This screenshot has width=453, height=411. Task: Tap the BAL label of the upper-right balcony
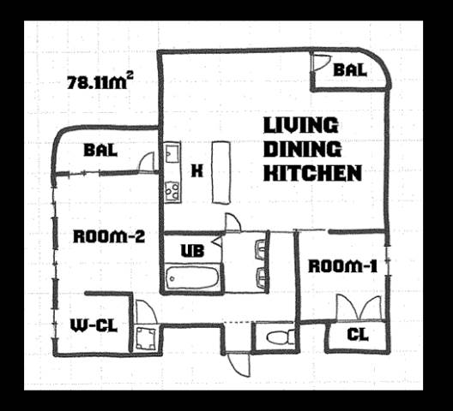(350, 70)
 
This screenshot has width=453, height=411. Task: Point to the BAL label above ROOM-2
(100, 150)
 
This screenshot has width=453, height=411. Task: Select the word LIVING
(301, 125)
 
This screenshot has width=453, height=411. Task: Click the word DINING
(303, 149)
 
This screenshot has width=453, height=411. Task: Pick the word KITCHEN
(313, 173)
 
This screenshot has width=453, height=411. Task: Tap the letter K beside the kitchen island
(197, 170)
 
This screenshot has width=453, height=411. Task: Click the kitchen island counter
(221, 172)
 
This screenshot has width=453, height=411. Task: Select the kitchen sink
(172, 153)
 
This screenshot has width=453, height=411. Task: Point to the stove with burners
(172, 192)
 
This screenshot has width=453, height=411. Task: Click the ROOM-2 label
(109, 236)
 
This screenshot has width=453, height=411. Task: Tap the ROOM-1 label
(343, 266)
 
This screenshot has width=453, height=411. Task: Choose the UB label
(192, 251)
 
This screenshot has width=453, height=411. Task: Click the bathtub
(192, 278)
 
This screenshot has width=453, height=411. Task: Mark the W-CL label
(94, 326)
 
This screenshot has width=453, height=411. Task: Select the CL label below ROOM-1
(358, 334)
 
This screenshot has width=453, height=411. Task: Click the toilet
(280, 337)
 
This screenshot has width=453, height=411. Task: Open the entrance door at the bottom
(239, 364)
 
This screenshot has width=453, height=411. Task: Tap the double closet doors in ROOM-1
(359, 308)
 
